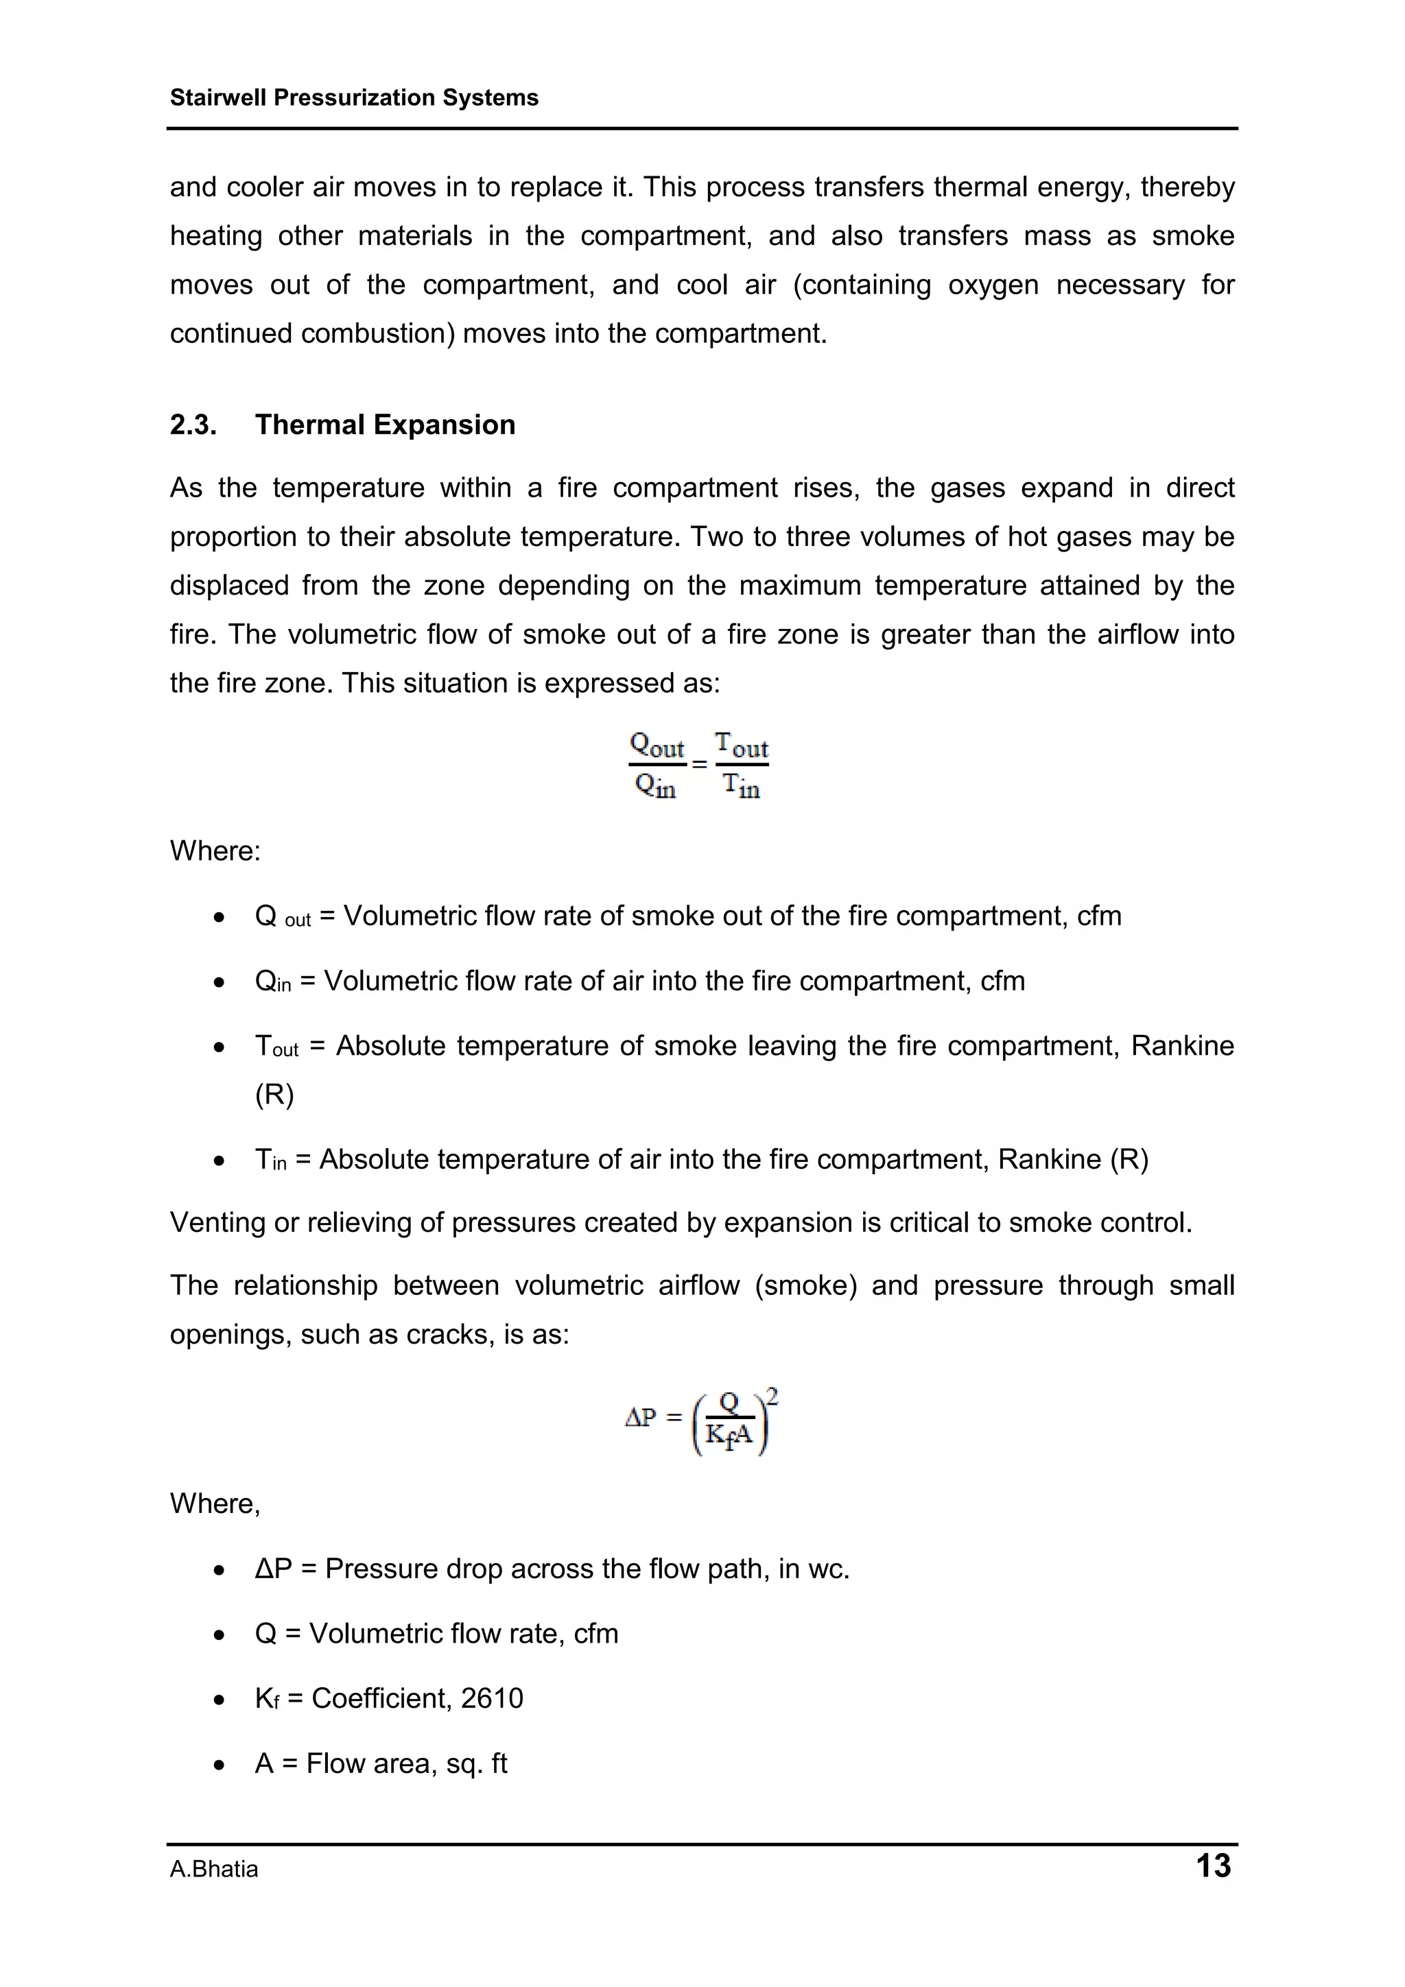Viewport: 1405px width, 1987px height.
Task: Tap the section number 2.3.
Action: coord(193,425)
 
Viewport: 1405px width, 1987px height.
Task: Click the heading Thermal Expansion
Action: coord(386,425)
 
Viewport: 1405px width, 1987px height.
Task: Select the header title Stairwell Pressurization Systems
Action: coord(354,98)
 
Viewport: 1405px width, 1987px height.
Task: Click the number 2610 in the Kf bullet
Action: coord(492,1698)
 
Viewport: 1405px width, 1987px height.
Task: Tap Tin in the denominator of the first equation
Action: coord(742,786)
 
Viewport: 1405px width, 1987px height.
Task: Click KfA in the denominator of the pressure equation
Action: coord(730,1436)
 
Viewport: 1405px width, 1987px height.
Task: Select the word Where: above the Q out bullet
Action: coord(215,850)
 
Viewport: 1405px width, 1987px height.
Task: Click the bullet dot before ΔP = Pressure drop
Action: coord(220,1570)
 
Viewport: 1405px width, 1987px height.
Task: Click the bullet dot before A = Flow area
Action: coord(220,1765)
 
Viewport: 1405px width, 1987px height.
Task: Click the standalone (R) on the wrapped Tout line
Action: coord(274,1095)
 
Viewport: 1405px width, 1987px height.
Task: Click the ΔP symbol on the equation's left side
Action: coord(641,1418)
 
